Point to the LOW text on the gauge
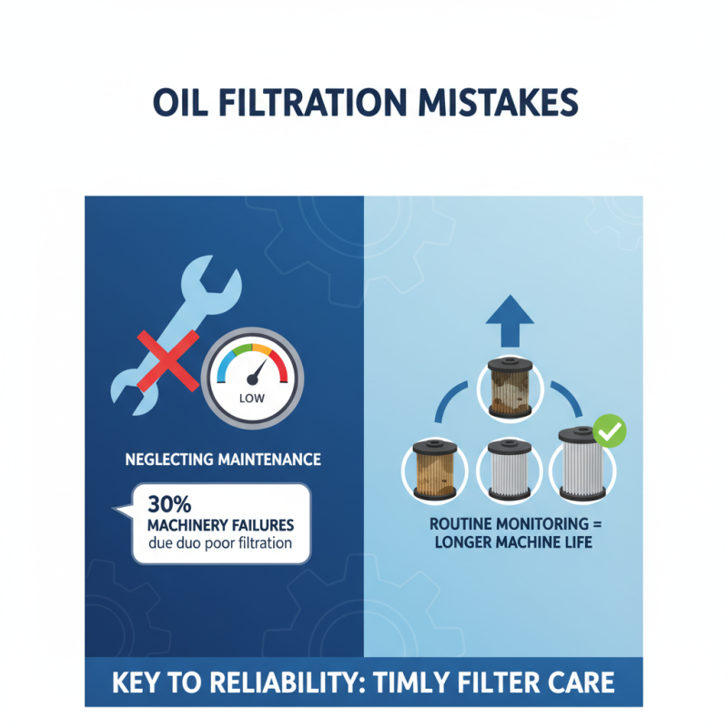click(250, 398)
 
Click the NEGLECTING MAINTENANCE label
click(223, 460)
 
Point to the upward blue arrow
click(509, 319)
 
